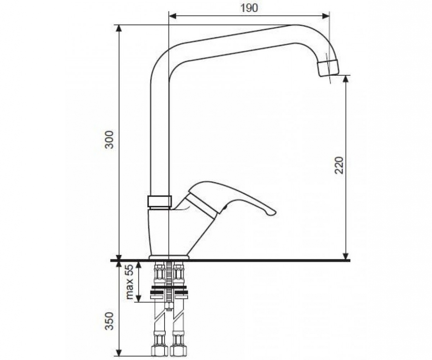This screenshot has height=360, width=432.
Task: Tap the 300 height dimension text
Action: (109, 140)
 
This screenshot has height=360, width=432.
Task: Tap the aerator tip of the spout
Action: (329, 69)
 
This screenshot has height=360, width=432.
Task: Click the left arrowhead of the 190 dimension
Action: (173, 16)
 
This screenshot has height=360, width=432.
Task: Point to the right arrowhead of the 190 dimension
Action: (325, 16)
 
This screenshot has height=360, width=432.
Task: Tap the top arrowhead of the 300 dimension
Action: (119, 28)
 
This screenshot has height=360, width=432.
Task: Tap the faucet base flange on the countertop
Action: (169, 257)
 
